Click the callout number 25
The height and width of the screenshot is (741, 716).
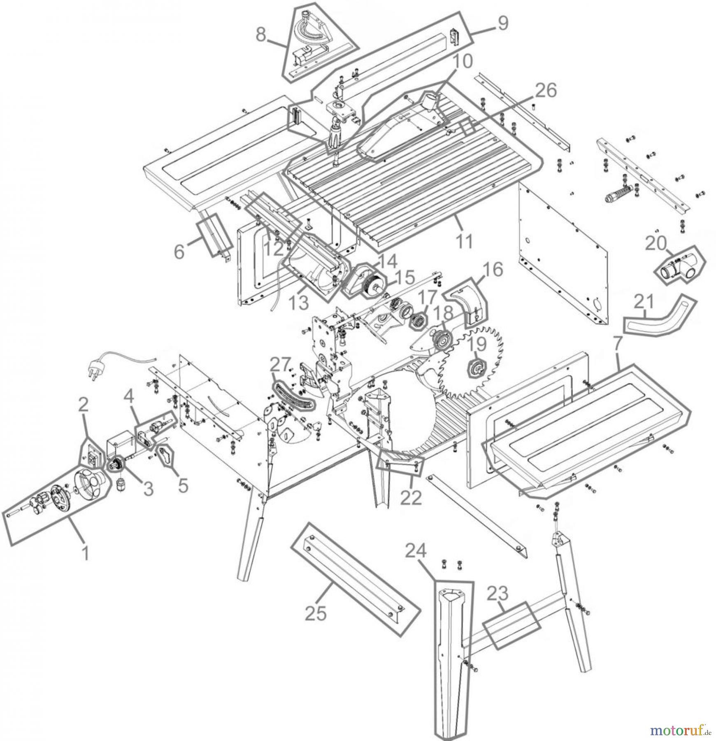pos(316,613)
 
